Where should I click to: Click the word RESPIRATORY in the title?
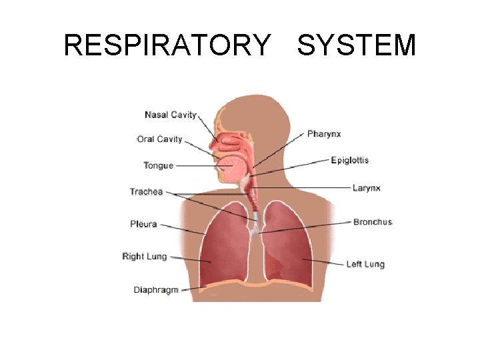tap(167, 45)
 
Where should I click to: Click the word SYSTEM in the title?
tap(357, 45)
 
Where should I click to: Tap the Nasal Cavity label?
tap(171, 115)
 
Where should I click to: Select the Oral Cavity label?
tap(160, 139)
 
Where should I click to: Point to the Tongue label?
tap(158, 165)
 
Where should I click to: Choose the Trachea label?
tap(146, 192)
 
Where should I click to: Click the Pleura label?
tap(143, 224)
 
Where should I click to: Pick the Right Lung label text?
tap(145, 257)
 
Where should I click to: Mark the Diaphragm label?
tap(156, 290)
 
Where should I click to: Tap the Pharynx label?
tap(324, 134)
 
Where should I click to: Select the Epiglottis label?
tap(349, 161)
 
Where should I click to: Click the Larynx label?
tap(366, 188)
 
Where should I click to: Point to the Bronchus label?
tap(373, 222)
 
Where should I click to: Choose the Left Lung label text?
tap(365, 264)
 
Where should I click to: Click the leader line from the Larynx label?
tap(307, 187)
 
